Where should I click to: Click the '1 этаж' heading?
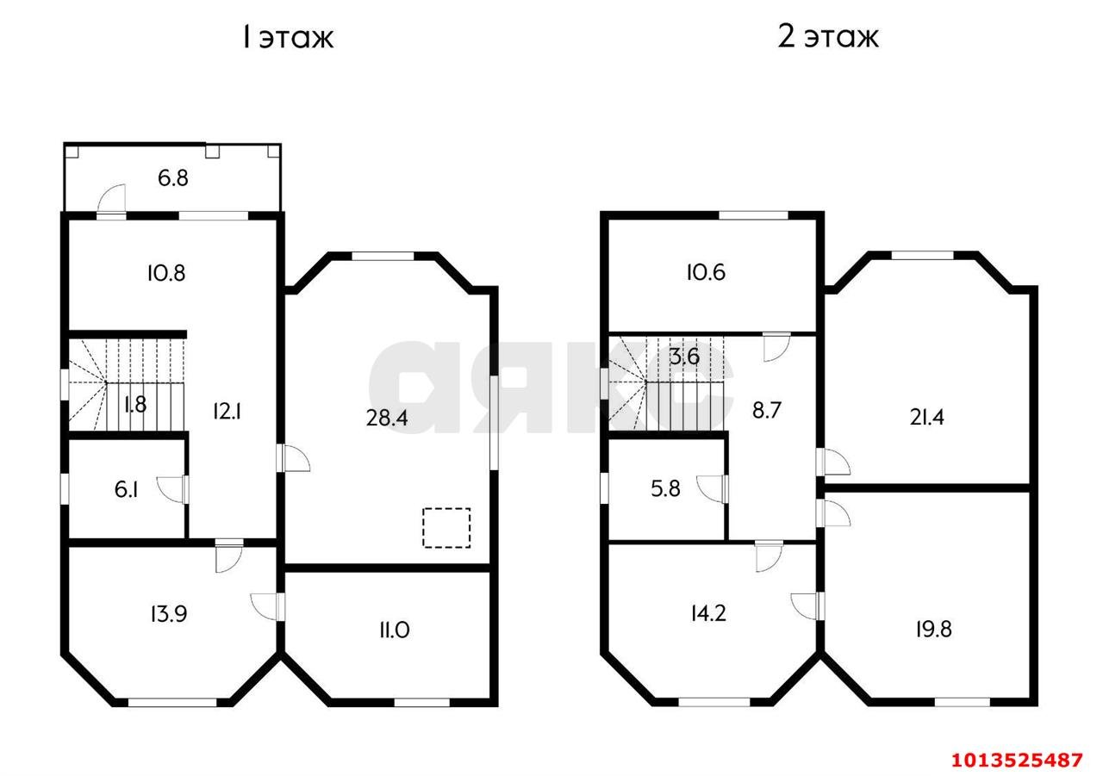[287, 38]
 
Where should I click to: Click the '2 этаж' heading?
[828, 38]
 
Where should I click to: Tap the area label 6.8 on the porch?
[172, 179]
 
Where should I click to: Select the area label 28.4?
[388, 418]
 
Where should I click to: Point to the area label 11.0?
[393, 630]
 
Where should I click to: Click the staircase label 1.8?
[134, 404]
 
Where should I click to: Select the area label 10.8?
[166, 273]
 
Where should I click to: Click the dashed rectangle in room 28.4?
[446, 527]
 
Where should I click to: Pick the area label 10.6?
[706, 273]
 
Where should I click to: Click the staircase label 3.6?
[683, 357]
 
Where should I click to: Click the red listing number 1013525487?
[1016, 760]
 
